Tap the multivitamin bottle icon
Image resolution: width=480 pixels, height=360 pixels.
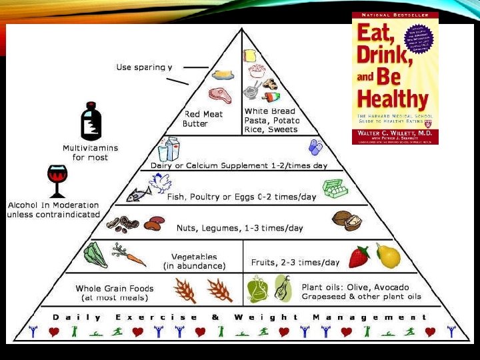91,123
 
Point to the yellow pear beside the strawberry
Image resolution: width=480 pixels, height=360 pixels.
388,255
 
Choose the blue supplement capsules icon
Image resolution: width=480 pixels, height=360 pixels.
314,147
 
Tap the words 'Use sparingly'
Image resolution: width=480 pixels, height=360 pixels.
144,67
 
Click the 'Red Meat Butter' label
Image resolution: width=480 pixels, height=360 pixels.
203,119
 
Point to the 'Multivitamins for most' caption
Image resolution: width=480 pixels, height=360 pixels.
89,152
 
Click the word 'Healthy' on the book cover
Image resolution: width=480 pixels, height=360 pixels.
392,100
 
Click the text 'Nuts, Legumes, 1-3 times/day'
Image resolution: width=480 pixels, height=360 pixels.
239,228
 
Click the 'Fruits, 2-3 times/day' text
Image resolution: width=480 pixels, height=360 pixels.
295,263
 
